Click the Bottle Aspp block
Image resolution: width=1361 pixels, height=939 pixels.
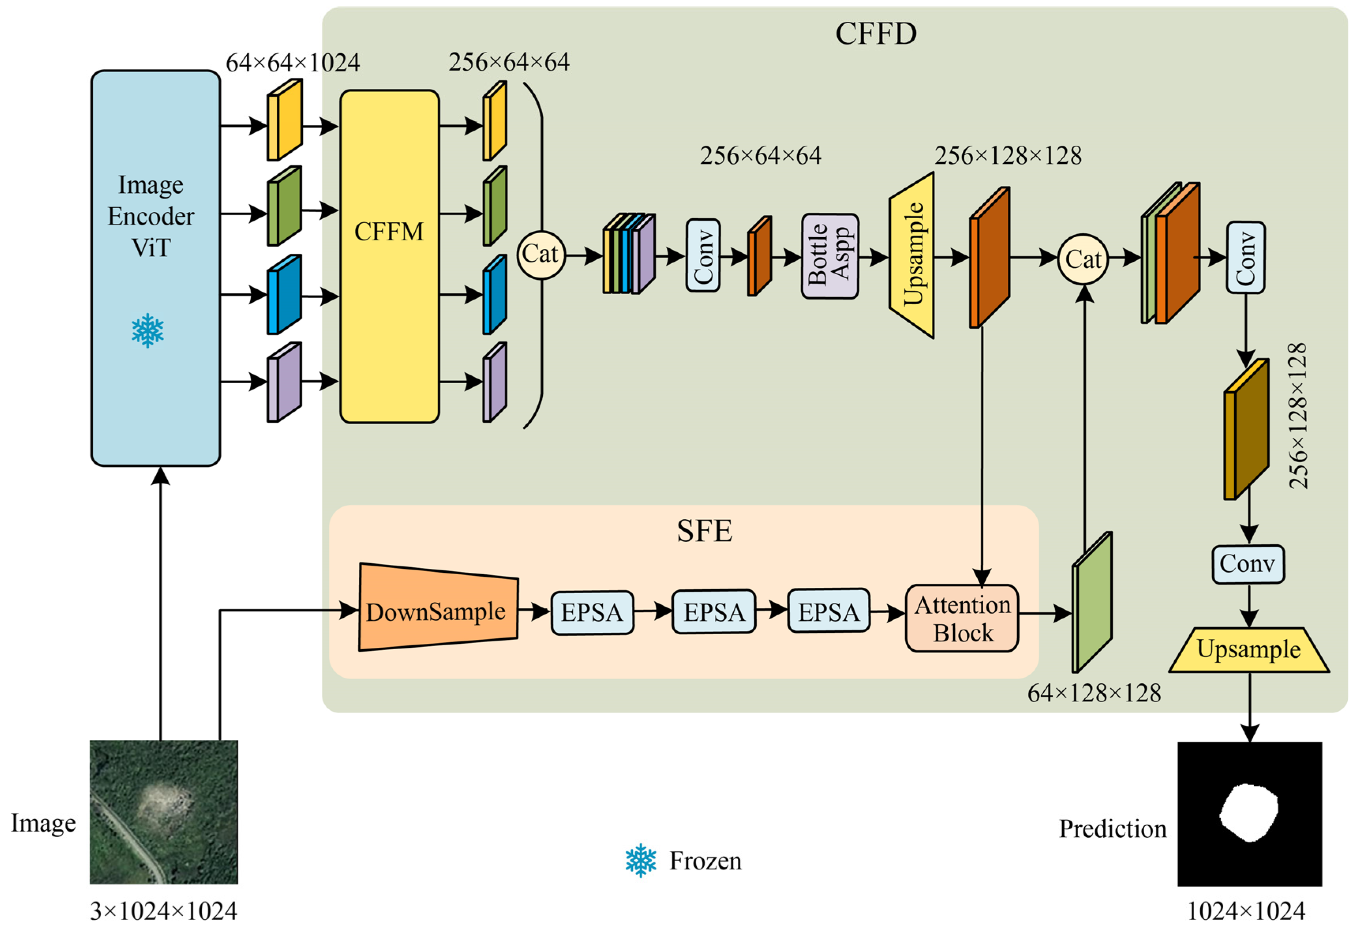[x=829, y=256]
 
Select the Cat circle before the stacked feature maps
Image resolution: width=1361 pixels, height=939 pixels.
[x=1083, y=259]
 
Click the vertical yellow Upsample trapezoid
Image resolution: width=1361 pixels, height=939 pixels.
[x=912, y=255]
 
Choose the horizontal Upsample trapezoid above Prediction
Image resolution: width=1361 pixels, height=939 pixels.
[x=1249, y=650]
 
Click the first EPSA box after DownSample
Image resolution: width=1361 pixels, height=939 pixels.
[x=592, y=613]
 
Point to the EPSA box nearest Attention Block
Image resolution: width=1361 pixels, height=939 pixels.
[x=829, y=611]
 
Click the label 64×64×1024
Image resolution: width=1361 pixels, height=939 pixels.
[x=292, y=62]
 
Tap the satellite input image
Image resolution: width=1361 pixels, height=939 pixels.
[x=163, y=812]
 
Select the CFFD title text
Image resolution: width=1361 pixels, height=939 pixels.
[x=875, y=34]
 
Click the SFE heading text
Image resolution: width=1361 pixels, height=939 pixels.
[x=704, y=531]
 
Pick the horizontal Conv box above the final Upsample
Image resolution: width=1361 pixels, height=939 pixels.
[x=1247, y=564]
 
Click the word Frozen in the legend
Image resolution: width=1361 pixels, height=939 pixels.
[x=705, y=861]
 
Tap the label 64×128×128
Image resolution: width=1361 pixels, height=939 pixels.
[x=1094, y=693]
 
